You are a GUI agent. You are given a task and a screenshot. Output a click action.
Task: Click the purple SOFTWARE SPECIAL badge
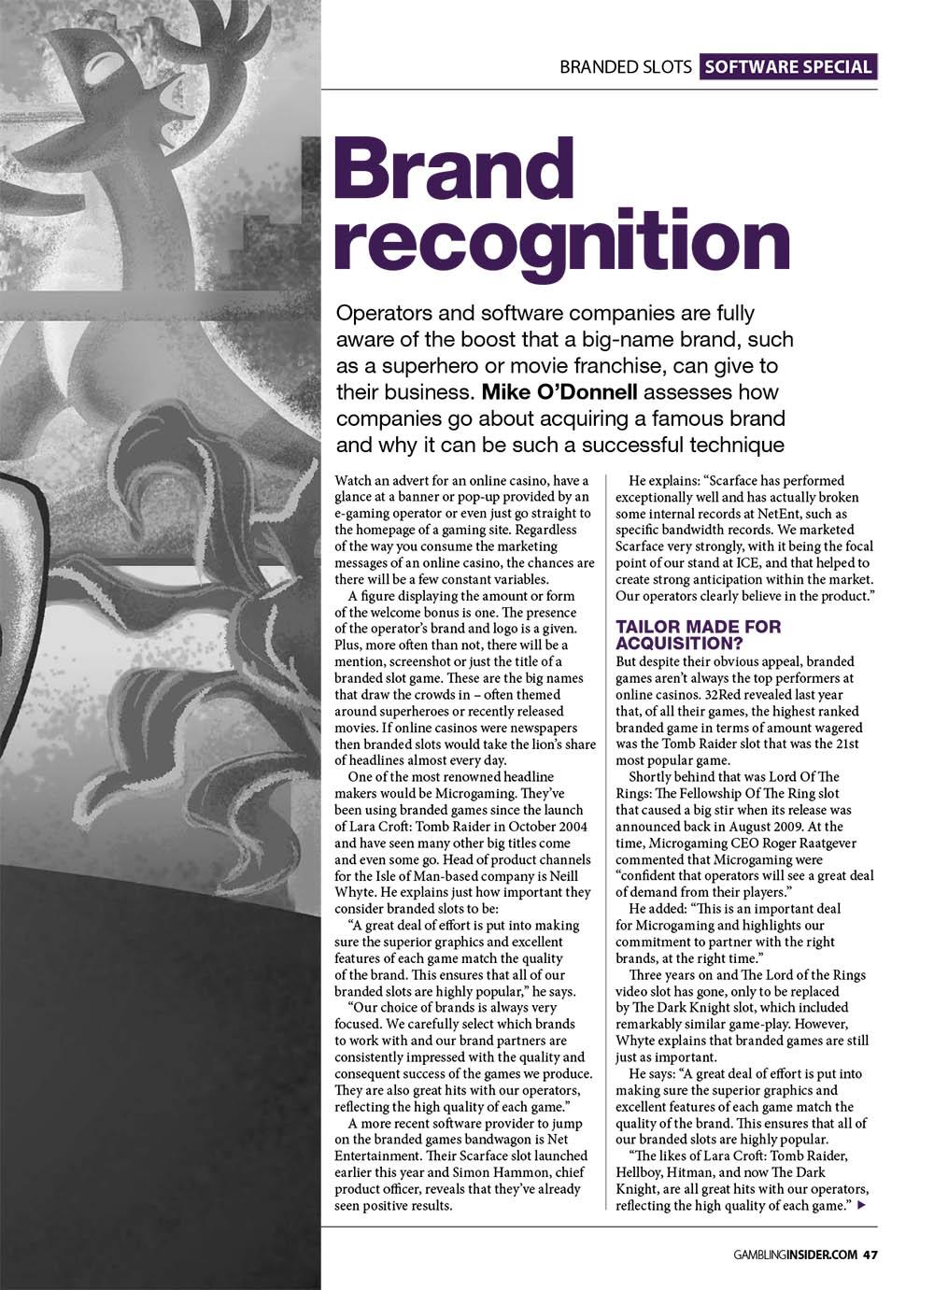pos(788,66)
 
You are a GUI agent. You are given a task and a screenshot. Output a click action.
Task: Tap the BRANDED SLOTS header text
pos(626,67)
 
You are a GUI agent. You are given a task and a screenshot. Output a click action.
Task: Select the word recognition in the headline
pos(563,240)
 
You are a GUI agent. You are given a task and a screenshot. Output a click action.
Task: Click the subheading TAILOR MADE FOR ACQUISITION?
pos(698,635)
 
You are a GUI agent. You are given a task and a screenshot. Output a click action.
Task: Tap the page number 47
pos(870,1254)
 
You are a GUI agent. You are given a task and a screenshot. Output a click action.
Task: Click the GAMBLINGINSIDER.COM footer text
pos(793,1254)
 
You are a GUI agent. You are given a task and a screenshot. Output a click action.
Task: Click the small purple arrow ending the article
pos(861,1206)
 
